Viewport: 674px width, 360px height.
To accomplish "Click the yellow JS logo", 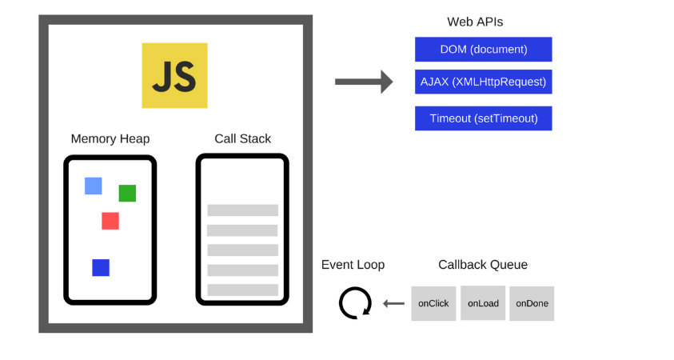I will point(174,75).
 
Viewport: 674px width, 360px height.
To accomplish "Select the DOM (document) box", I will point(483,50).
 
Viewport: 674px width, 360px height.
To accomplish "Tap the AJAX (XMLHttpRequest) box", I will point(483,82).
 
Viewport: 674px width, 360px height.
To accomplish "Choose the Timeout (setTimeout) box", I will point(483,118).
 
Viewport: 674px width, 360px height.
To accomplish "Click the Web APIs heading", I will point(475,22).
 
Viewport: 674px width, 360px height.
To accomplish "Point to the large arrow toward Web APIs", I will point(364,82).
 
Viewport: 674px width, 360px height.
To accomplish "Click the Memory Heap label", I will point(110,139).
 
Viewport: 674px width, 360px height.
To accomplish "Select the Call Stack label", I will point(242,139).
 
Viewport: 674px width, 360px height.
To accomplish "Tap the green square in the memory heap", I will point(127,193).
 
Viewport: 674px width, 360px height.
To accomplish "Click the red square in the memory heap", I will point(110,221).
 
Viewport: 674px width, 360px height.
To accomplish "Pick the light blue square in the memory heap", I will point(94,186).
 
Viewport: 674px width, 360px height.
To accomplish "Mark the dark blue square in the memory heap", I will point(101,267).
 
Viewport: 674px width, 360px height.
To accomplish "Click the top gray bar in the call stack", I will point(242,210).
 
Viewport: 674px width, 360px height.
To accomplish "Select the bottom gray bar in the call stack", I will point(242,290).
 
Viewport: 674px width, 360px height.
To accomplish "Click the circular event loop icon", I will point(355,304).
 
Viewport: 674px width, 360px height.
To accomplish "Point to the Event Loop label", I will point(353,265).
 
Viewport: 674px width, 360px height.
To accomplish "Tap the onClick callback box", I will point(433,303).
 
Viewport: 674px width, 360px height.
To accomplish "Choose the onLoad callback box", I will point(482,303).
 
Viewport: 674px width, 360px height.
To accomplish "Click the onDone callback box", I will point(531,303).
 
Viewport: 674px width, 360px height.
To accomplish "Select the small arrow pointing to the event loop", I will point(393,303).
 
